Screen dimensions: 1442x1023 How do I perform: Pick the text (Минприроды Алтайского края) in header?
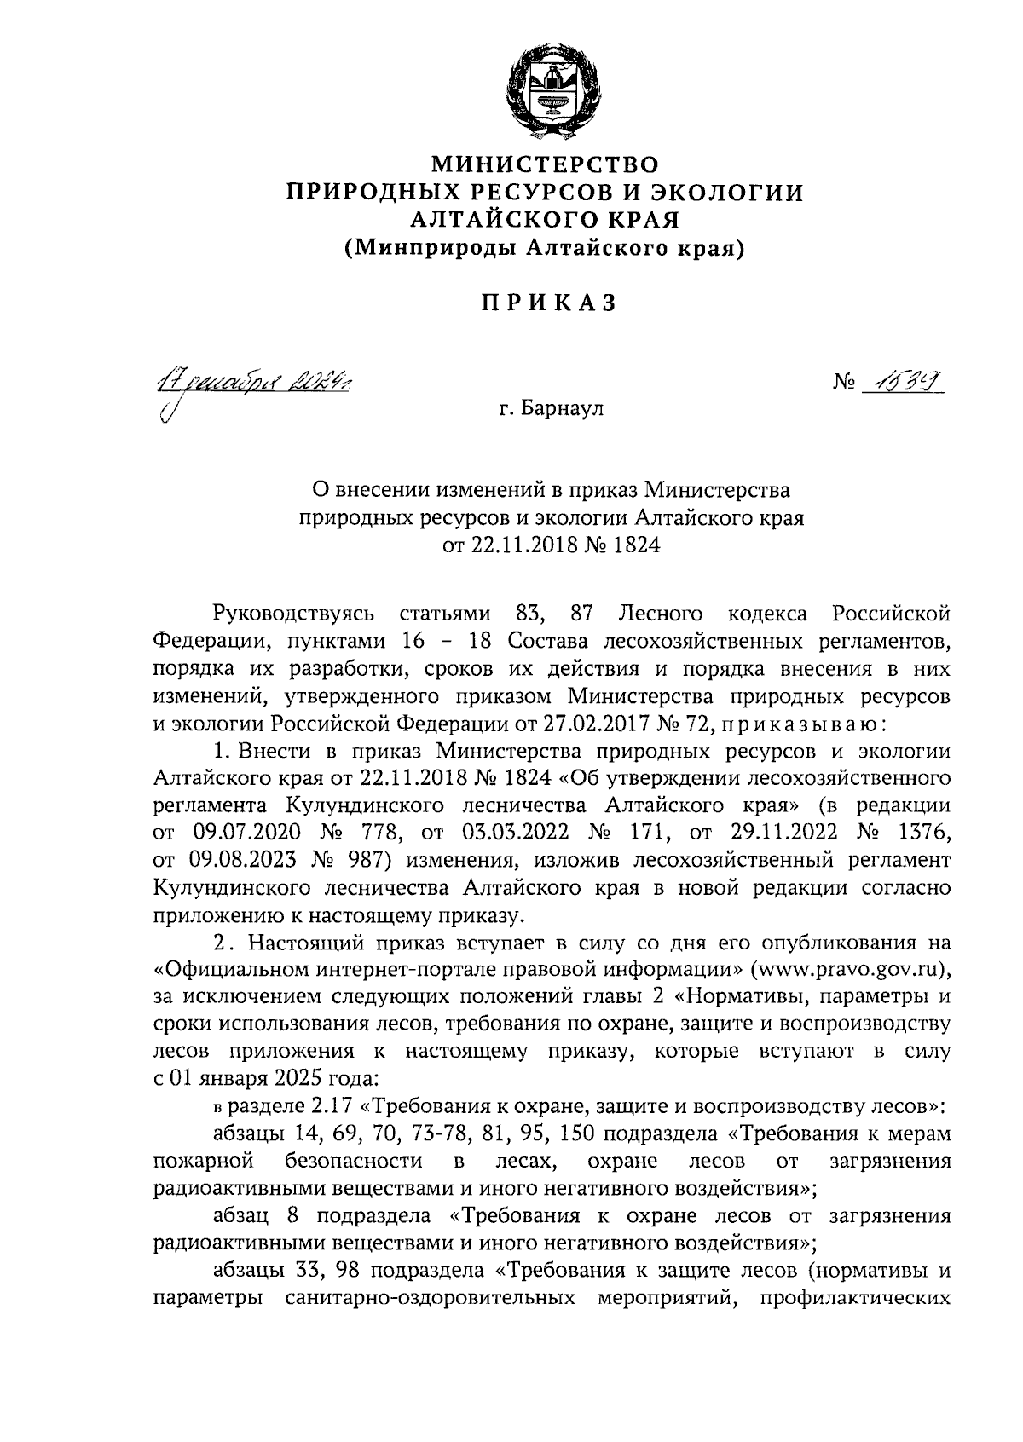coord(545,248)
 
